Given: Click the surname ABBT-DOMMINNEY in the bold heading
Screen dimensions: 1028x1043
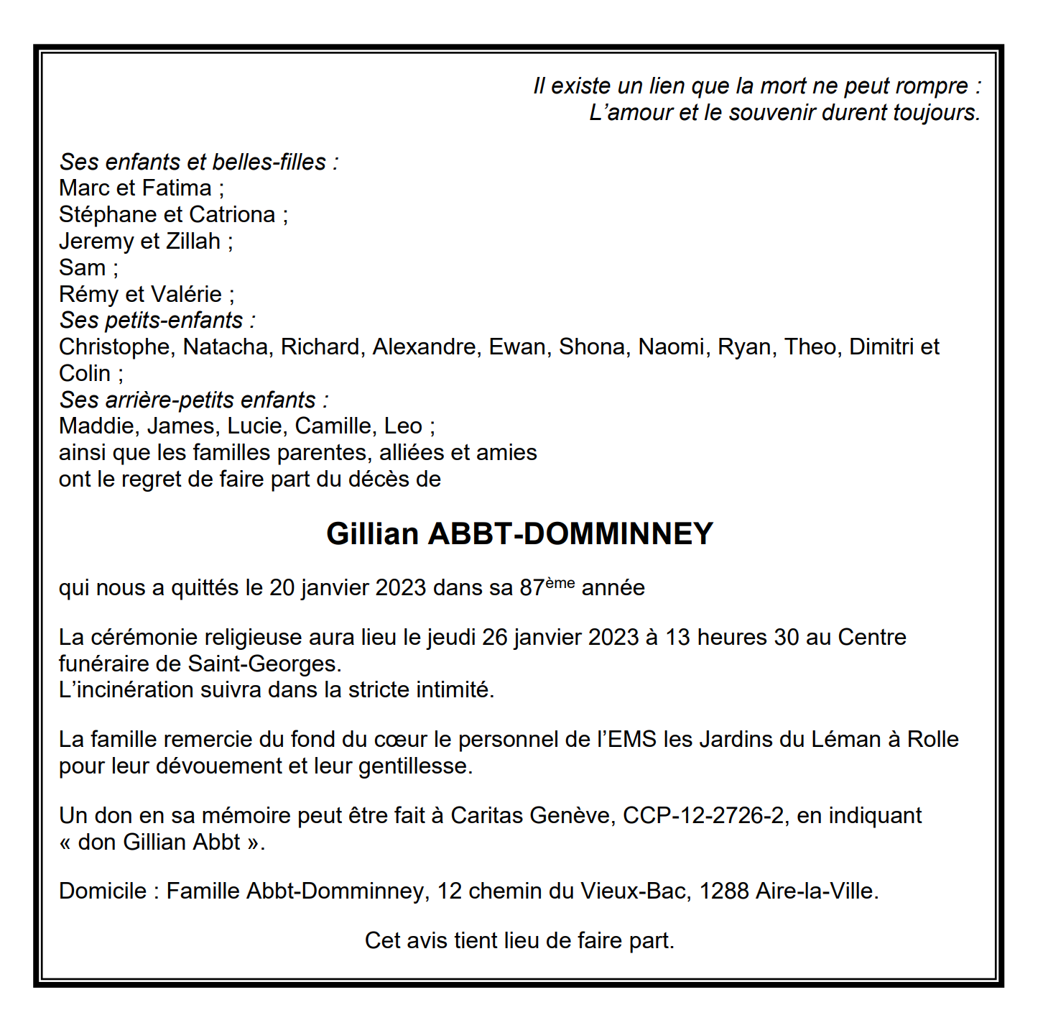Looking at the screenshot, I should coord(570,534).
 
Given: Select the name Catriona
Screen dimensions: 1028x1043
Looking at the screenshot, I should coord(232,215).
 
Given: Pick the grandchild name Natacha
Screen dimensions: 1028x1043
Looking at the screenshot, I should coord(226,347).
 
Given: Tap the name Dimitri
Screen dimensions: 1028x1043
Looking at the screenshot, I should coord(881,347).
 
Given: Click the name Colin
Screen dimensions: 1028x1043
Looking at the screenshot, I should coord(85,374).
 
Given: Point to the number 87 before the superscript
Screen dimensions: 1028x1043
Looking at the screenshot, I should coord(532,588).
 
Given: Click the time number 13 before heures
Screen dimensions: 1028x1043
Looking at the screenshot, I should coord(677,638).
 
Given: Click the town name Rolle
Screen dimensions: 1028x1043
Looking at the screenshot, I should coord(932,740).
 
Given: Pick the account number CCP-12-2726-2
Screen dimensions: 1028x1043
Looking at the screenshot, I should coord(703,816).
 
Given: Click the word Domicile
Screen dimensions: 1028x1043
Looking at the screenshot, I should coord(103,891).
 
